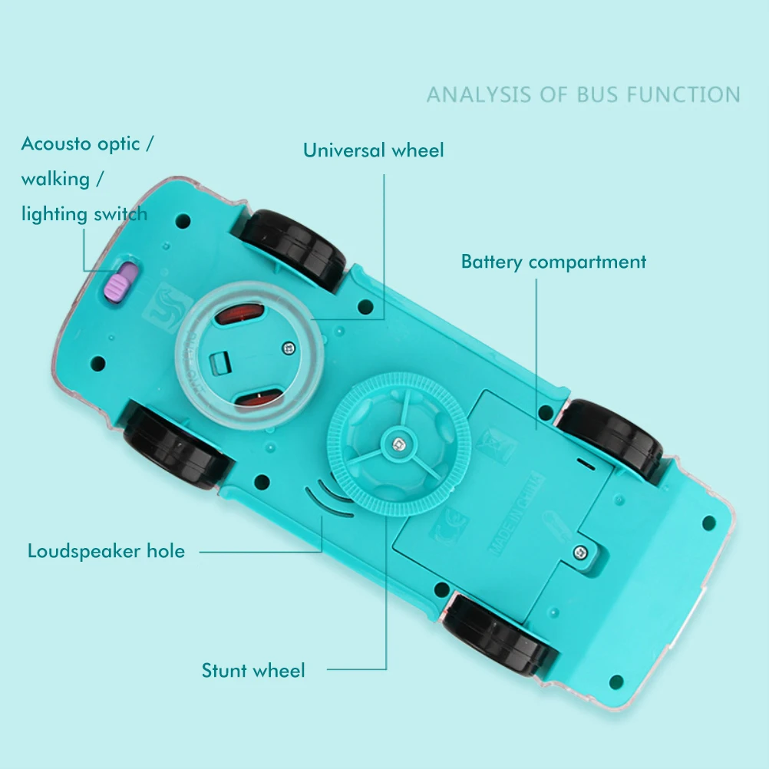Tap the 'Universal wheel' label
(x=373, y=150)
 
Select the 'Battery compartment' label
(x=553, y=262)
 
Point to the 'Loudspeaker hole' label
(x=106, y=551)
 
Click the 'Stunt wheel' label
(x=253, y=671)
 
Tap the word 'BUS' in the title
(x=599, y=95)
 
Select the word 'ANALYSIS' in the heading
(x=478, y=95)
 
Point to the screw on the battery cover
(x=581, y=551)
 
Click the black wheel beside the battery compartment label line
(x=611, y=438)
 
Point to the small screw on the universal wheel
(x=289, y=348)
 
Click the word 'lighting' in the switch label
(x=55, y=214)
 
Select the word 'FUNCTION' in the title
(x=683, y=95)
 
